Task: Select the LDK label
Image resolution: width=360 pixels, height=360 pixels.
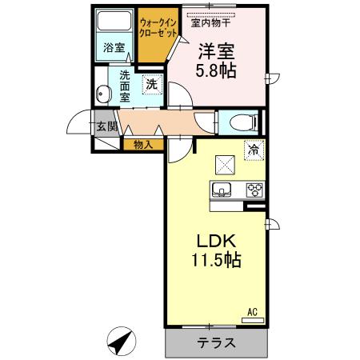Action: pyautogui.click(x=214, y=242)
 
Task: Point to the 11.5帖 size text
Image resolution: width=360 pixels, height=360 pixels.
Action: pyautogui.click(x=214, y=260)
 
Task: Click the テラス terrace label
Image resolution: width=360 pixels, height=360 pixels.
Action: pyautogui.click(x=216, y=344)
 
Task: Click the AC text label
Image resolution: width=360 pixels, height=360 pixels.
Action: pyautogui.click(x=251, y=312)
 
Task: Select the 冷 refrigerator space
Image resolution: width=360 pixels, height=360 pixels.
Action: pyautogui.click(x=254, y=149)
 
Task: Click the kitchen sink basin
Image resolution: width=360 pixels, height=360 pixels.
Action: pyautogui.click(x=222, y=190)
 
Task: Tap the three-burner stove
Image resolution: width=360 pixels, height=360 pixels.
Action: pyautogui.click(x=254, y=190)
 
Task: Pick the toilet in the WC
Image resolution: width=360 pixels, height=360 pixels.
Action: pyautogui.click(x=241, y=122)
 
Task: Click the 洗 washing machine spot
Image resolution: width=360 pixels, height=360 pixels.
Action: pyautogui.click(x=151, y=83)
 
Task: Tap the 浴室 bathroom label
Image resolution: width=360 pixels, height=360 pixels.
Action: pyautogui.click(x=114, y=48)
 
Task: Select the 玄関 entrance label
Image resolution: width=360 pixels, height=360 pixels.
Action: pyautogui.click(x=106, y=126)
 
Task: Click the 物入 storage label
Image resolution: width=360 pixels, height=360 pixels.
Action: pyautogui.click(x=143, y=145)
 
